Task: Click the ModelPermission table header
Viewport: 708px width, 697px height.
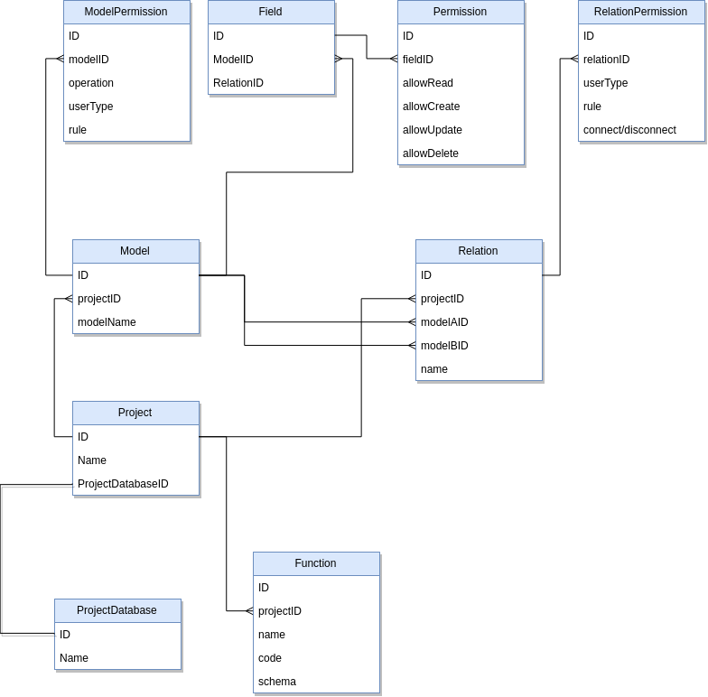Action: pos(126,12)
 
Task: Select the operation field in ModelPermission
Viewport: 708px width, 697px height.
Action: pos(91,83)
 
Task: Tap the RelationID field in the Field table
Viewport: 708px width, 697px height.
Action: pos(238,83)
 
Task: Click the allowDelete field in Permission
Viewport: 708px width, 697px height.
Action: pos(431,153)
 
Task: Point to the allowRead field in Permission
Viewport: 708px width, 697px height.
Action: pos(428,83)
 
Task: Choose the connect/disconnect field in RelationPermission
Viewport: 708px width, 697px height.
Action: pos(629,130)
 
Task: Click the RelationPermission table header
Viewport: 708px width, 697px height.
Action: pos(640,12)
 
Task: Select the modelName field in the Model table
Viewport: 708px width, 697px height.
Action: pos(107,322)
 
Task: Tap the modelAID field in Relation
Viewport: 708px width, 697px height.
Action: pos(444,322)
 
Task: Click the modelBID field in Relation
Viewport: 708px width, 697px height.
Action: pos(444,346)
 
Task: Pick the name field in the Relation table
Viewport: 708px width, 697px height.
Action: pos(434,369)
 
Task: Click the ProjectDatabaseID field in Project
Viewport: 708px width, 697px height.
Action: pos(123,484)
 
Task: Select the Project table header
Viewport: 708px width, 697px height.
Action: pos(135,413)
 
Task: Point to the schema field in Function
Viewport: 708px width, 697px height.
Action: pos(277,682)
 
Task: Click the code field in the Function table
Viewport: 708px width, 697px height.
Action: pos(270,658)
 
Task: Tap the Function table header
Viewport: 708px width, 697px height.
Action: pos(315,563)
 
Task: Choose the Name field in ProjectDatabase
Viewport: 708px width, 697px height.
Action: pos(74,658)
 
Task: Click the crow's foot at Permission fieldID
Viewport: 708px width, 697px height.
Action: pos(393,60)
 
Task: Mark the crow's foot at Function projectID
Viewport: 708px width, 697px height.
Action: pos(248,611)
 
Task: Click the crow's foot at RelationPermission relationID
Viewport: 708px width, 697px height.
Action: pos(573,60)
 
